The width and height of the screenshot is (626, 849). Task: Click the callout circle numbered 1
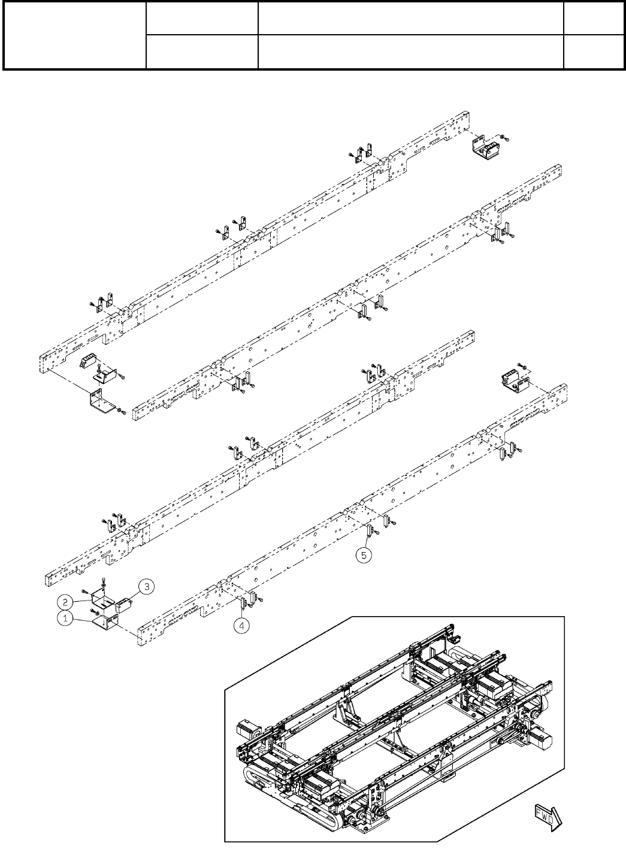pos(66,620)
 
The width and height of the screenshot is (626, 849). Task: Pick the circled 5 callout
pos(364,556)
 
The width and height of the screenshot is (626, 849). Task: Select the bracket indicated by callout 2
pos(104,596)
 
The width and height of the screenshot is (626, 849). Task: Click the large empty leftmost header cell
pos(75,35)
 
